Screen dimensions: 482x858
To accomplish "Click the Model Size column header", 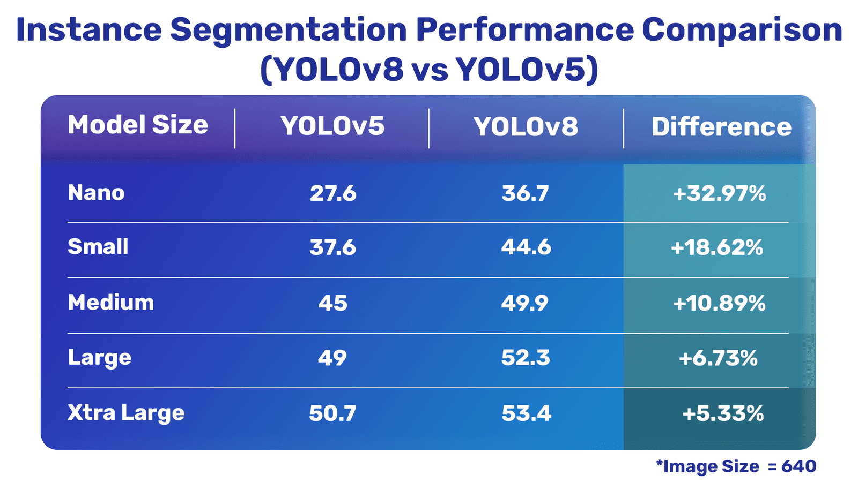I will coord(138,125).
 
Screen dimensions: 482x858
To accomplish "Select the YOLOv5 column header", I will coord(332,126).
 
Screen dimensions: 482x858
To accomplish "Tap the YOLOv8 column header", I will coord(526,127).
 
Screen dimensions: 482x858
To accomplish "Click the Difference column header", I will coord(721,127).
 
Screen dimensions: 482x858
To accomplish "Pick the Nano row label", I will coord(97,193).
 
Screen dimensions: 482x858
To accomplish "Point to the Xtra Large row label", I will coord(126,413).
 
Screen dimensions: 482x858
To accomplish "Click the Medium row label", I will coord(111,303).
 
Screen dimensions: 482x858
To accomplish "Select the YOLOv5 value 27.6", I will coord(333,193).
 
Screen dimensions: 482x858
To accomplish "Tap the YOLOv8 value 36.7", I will coord(526,193).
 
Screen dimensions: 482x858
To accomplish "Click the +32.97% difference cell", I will coord(719,193).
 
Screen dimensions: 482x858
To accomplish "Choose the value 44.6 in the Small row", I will coord(526,247).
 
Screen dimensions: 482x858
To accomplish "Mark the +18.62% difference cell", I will coord(717,247).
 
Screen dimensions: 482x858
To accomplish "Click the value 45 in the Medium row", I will coord(333,303).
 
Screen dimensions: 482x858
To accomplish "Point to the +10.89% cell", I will coord(719,304).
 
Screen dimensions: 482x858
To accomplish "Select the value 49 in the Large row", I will coord(332,358).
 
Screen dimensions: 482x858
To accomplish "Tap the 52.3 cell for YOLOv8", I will coord(526,358).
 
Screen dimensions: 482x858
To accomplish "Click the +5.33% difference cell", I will coord(723,413).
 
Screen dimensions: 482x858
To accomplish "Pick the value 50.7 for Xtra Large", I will coord(332,413).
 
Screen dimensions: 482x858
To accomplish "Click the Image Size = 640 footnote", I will coord(736,466).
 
